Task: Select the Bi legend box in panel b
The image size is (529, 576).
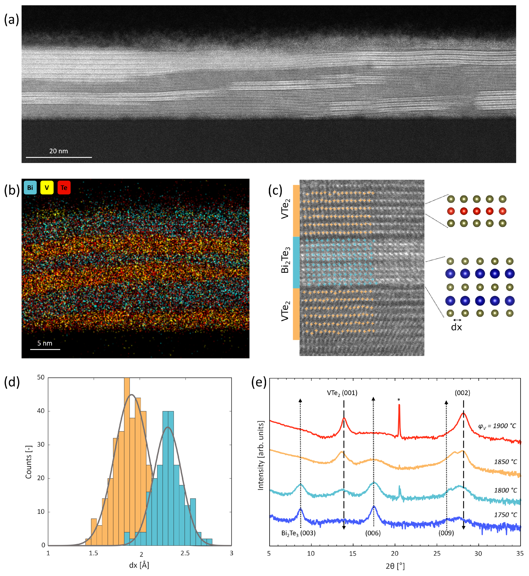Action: [30, 188]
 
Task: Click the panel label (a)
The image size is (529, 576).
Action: [11, 20]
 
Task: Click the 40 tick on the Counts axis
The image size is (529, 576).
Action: [41, 411]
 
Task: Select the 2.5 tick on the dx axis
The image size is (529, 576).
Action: [185, 553]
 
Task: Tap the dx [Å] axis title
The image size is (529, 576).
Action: [139, 565]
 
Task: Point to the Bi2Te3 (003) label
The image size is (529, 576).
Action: [298, 533]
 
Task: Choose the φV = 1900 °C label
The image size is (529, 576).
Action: [497, 426]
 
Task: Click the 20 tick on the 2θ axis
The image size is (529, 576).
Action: [395, 553]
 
